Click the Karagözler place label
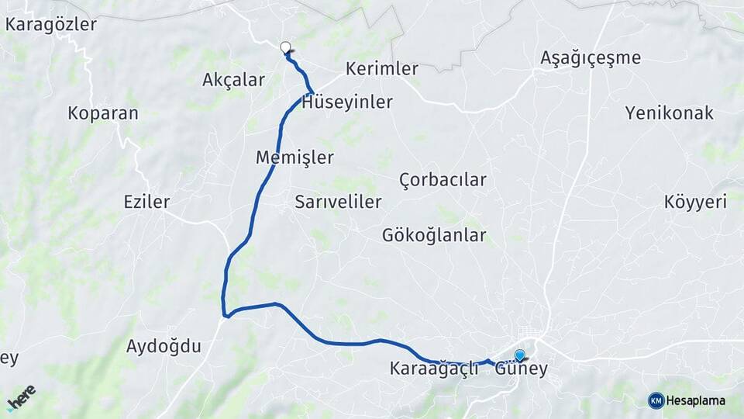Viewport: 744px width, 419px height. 51,24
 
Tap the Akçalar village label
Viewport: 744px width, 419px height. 233,80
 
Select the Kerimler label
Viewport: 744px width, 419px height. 382,68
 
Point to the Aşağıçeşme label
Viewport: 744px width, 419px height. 591,57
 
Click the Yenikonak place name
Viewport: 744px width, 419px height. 669,113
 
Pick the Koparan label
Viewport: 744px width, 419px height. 103,113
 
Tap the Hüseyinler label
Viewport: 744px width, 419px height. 347,102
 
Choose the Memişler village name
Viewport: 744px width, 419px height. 294,158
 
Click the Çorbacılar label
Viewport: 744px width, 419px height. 443,180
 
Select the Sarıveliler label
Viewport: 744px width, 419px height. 338,203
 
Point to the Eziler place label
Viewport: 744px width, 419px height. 146,203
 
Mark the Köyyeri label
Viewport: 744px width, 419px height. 695,203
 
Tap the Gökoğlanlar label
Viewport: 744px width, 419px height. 434,235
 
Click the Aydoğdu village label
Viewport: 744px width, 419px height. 164,346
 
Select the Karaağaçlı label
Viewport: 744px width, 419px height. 434,369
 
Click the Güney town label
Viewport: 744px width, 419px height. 521,369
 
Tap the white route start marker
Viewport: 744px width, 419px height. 285,47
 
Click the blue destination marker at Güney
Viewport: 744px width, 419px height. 519,355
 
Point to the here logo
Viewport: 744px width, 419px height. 22,396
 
